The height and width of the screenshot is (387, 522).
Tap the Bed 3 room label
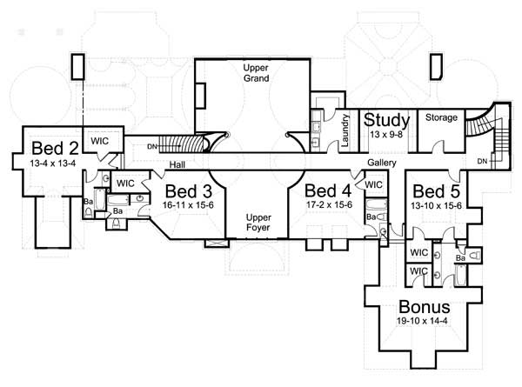[185, 191]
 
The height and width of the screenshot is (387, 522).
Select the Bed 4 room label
[330, 190]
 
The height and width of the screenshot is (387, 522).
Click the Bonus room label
[425, 307]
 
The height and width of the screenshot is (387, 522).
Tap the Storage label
[440, 117]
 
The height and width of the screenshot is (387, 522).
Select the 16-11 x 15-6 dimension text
[185, 206]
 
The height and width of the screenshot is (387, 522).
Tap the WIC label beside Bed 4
[374, 184]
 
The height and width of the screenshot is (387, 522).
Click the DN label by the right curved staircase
[482, 162]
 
